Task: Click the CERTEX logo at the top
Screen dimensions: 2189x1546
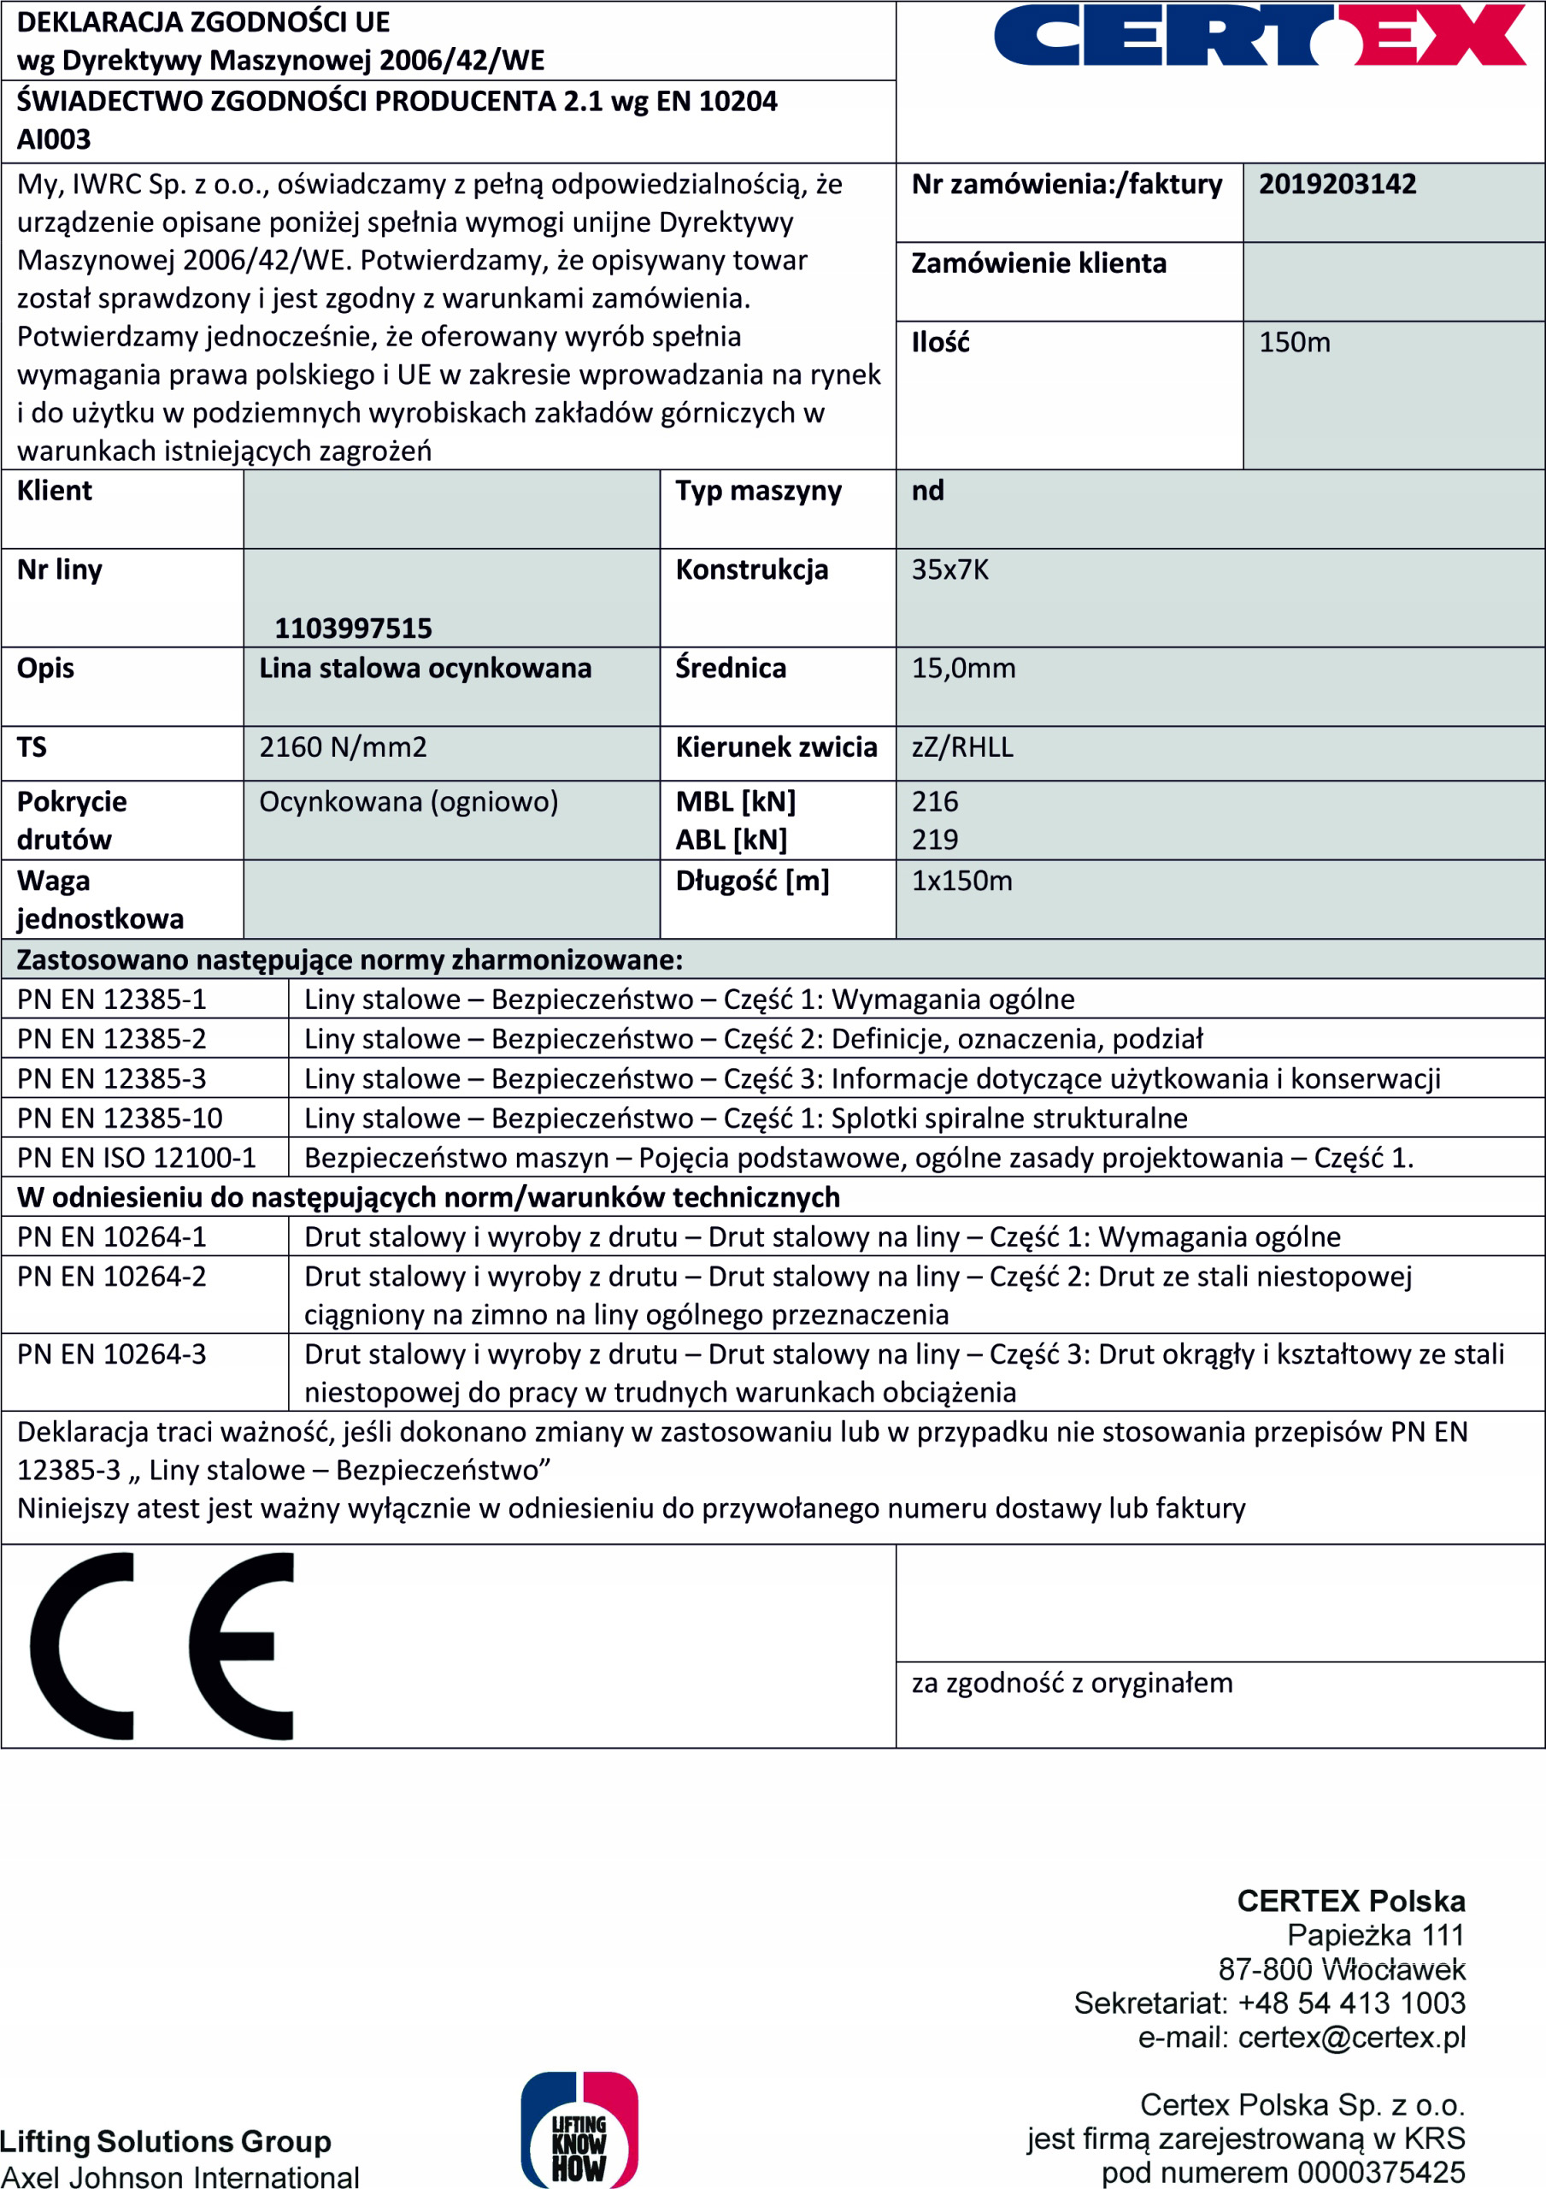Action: [x=1258, y=35]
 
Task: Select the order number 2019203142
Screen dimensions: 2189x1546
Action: [x=1337, y=184]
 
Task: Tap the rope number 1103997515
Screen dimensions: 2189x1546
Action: [x=353, y=628]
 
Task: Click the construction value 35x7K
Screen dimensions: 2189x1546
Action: [x=950, y=570]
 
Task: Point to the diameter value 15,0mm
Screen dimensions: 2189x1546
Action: [x=964, y=669]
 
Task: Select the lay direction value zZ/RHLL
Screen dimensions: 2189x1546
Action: [x=962, y=747]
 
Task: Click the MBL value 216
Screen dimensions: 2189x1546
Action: [x=935, y=802]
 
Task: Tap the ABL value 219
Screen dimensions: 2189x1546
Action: [x=935, y=840]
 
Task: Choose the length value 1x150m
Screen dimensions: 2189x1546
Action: [x=961, y=881]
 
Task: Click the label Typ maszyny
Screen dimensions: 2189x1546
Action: [x=759, y=491]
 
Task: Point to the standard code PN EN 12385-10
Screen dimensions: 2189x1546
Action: [x=121, y=1118]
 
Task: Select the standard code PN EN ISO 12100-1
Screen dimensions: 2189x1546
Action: [x=136, y=1159]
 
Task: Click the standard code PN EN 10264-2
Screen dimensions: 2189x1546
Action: [x=111, y=1277]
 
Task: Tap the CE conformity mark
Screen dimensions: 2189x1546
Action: [x=162, y=1647]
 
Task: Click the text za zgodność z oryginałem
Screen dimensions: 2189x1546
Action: [x=1073, y=1684]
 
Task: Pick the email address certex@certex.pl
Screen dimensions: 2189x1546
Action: [x=1350, y=2038]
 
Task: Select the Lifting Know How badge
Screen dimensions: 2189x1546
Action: [x=579, y=2132]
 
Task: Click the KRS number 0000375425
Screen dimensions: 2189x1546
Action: [x=1381, y=2173]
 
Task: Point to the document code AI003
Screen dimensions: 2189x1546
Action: [x=55, y=140]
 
